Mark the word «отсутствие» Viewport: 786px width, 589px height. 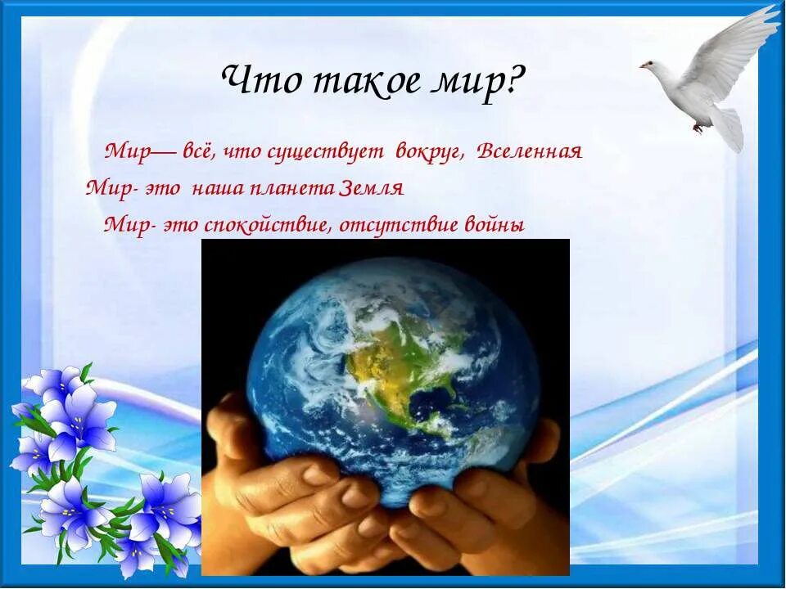(x=389, y=225)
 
